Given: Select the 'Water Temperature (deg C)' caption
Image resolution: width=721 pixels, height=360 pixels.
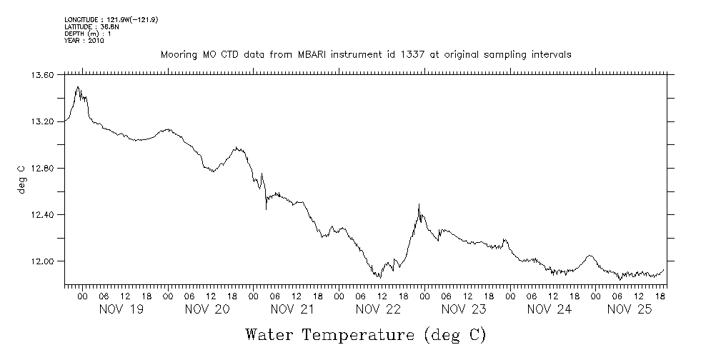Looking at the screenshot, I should click(365, 334).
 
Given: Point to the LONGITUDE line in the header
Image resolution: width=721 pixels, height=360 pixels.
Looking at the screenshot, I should click(111, 20).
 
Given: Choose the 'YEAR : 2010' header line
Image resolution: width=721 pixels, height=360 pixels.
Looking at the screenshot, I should click(84, 41).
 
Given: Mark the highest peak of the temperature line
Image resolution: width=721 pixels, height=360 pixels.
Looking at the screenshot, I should click(78, 86).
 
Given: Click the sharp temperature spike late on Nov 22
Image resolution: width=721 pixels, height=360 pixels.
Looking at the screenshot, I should click(419, 205).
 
